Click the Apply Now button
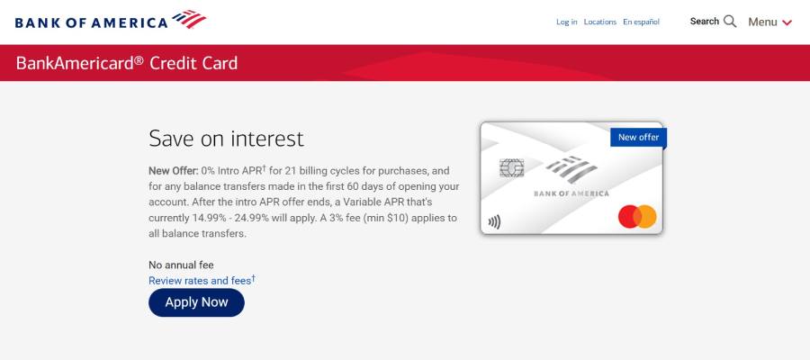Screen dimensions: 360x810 coord(196,302)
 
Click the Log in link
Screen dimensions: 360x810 coord(567,22)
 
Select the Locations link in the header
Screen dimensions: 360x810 coord(600,22)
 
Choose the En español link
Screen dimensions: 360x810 coord(642,22)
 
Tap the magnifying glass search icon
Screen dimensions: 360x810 coord(730,21)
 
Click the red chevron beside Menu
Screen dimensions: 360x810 coord(787,22)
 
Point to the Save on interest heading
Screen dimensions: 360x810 coord(226,139)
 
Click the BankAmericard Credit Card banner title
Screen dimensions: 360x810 coord(127,63)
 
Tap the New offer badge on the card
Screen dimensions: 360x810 coord(638,137)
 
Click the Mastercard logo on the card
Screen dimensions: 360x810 coord(637,217)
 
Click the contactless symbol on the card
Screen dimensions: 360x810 coord(494,221)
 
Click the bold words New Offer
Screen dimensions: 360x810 coord(173,170)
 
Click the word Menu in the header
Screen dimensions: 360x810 coord(762,22)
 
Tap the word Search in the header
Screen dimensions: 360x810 coord(705,21)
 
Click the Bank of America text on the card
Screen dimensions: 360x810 coord(571,193)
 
